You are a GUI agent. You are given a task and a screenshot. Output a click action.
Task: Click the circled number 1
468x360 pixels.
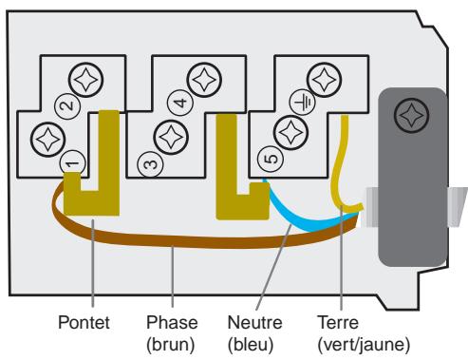coord(72,162)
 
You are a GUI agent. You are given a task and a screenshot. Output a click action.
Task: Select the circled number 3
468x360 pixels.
coord(148,162)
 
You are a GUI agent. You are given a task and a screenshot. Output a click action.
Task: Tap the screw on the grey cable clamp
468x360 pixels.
coord(409,116)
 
